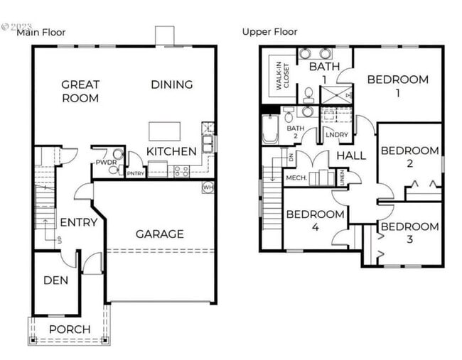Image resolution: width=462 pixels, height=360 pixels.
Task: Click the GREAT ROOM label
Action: point(80,91)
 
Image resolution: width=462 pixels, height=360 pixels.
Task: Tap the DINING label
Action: point(171,84)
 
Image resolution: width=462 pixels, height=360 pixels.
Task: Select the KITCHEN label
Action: point(171,151)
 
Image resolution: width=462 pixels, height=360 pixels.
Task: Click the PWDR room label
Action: point(104,163)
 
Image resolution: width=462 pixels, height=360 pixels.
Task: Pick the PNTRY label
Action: point(135,173)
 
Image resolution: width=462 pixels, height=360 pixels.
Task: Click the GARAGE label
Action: point(159,234)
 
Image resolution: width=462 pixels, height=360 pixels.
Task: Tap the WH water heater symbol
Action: point(208,187)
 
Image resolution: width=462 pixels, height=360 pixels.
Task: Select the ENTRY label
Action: point(78,222)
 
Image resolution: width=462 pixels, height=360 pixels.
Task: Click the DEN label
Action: point(55,280)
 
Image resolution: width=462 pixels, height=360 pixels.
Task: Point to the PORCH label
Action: point(70,329)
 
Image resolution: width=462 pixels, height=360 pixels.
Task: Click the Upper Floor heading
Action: point(269,31)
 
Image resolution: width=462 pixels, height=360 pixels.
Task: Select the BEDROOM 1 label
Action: point(397,86)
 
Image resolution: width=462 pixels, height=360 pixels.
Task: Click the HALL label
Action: point(350,156)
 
